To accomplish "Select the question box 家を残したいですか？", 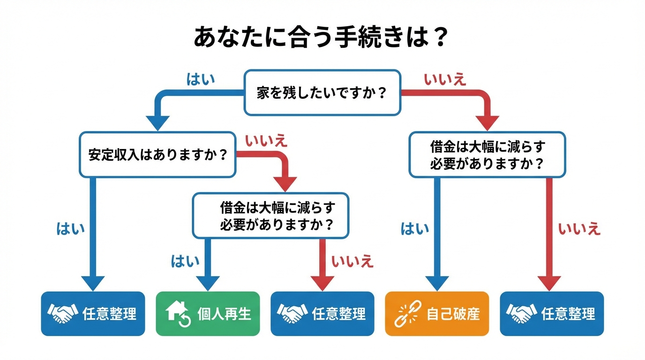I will pos(322,93).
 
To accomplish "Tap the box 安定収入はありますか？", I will pos(157,155).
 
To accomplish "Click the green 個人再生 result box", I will pos(208,314).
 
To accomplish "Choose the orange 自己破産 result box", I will pos(437,314).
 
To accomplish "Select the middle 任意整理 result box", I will pos(322,314).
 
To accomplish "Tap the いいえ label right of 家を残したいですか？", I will pos(445,80).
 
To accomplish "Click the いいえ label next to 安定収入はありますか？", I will pos(266,141).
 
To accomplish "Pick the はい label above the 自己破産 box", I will pos(415,229).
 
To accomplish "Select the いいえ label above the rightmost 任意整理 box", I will pos(579,229).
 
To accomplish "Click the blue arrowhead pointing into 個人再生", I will pos(208,283).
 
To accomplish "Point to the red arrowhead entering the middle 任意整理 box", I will pos(322,283).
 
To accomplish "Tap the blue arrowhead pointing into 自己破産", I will pos(437,283).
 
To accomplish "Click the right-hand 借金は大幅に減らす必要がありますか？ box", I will pos(487,155).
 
